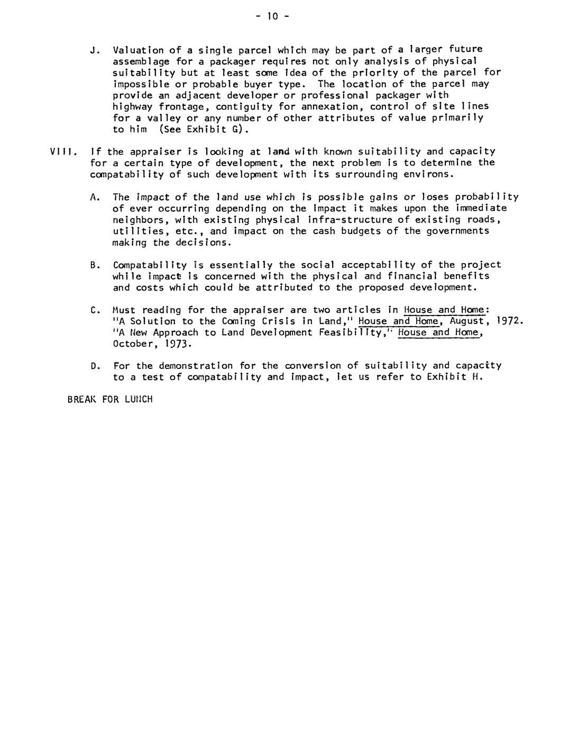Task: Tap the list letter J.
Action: point(95,50)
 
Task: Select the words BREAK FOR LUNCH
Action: point(110,399)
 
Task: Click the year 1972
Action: point(511,321)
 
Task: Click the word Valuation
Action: point(139,50)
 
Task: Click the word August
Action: point(467,321)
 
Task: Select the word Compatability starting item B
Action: point(150,265)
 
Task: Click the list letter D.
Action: point(95,366)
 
